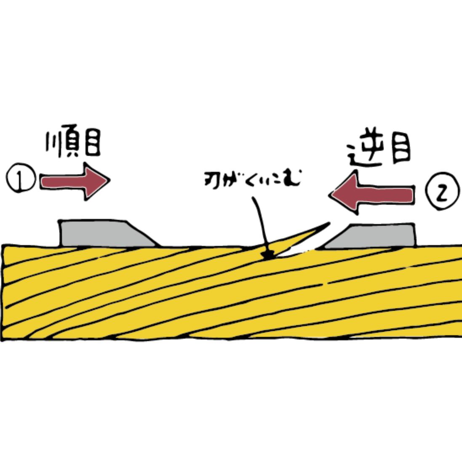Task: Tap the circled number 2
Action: pos(440,194)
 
